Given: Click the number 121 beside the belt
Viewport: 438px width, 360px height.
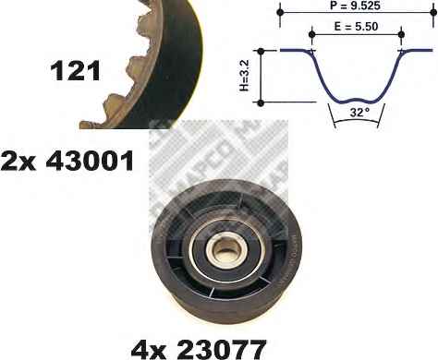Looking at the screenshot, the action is coord(76,71).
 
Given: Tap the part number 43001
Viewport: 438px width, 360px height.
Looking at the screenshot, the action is coord(90,161).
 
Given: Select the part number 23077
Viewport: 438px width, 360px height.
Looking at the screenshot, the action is coord(221,350).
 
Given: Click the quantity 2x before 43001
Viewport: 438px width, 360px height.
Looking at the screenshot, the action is coord(18,161).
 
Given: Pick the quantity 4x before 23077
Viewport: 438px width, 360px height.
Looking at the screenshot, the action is coord(149,350).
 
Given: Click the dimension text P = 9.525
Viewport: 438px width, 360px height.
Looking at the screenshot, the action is coord(355,6).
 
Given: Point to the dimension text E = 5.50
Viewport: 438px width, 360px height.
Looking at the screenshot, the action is coord(356,27).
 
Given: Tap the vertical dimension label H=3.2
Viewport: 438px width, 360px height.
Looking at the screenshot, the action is coord(245,76).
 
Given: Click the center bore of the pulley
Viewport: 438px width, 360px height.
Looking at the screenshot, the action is coord(225,248).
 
